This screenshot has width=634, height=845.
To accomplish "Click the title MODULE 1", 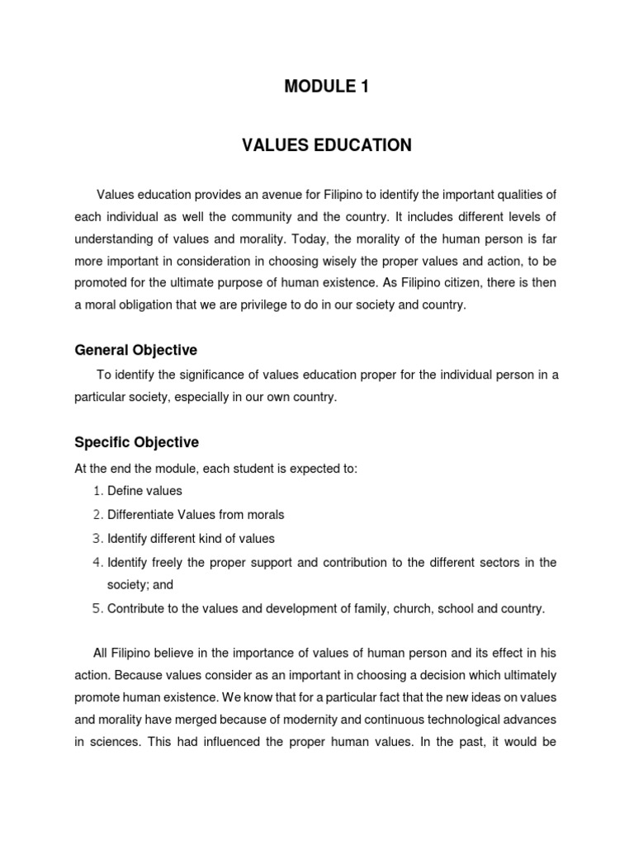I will tap(326, 86).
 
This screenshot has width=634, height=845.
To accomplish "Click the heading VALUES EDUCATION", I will tap(326, 145).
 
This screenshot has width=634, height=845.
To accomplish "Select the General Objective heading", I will tap(136, 350).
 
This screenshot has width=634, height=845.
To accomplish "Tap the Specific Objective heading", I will tap(137, 442).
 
